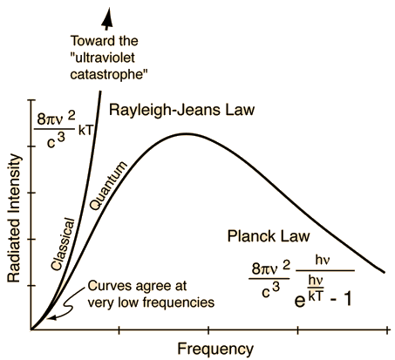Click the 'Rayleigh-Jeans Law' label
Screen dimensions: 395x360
coord(182,111)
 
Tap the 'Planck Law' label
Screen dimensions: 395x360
coord(269,236)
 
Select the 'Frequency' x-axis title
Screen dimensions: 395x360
coord(215,349)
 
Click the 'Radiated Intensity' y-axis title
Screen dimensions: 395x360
coord(15,219)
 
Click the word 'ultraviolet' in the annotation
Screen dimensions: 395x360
coord(104,58)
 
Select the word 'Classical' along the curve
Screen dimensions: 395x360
coord(63,244)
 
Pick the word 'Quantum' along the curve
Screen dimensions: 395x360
coord(108,186)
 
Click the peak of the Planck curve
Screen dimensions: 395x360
coord(184,133)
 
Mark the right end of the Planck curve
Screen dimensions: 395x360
coord(385,273)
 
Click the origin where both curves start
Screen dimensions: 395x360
coord(31,329)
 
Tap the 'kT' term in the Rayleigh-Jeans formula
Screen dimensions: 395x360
coord(85,131)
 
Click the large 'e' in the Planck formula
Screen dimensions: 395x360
coord(300,301)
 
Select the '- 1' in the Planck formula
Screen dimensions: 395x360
coord(341,300)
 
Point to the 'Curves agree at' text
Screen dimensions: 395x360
coord(137,287)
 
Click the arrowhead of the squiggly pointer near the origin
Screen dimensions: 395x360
coord(51,317)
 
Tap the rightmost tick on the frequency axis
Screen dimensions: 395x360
coord(387,330)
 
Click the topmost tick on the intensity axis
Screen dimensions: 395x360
coord(31,100)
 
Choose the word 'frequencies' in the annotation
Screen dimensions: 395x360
coord(179,302)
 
